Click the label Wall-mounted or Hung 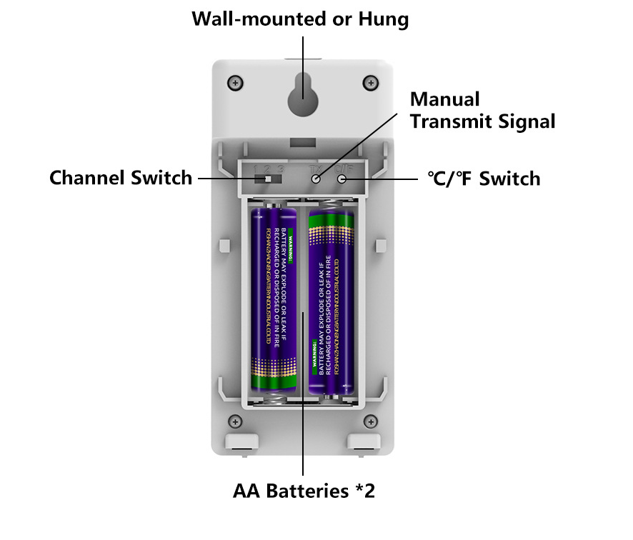click(300, 19)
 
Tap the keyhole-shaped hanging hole click(303, 94)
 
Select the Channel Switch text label click(121, 177)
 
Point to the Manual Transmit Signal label click(482, 110)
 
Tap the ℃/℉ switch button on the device click(342, 178)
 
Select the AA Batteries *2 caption click(304, 491)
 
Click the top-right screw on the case click(370, 83)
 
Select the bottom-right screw click(370, 421)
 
